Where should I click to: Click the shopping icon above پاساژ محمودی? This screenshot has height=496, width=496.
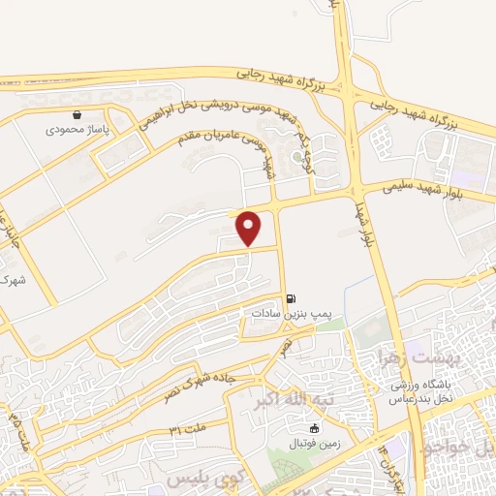pyautogui.click(x=91, y=114)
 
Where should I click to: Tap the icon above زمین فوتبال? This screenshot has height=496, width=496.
pyautogui.click(x=313, y=429)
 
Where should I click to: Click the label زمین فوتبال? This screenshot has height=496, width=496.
pyautogui.click(x=313, y=444)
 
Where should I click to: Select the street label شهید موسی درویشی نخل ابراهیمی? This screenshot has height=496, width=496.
pyautogui.click(x=219, y=116)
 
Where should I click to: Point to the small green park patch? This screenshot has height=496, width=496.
pyautogui.click(x=329, y=325)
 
